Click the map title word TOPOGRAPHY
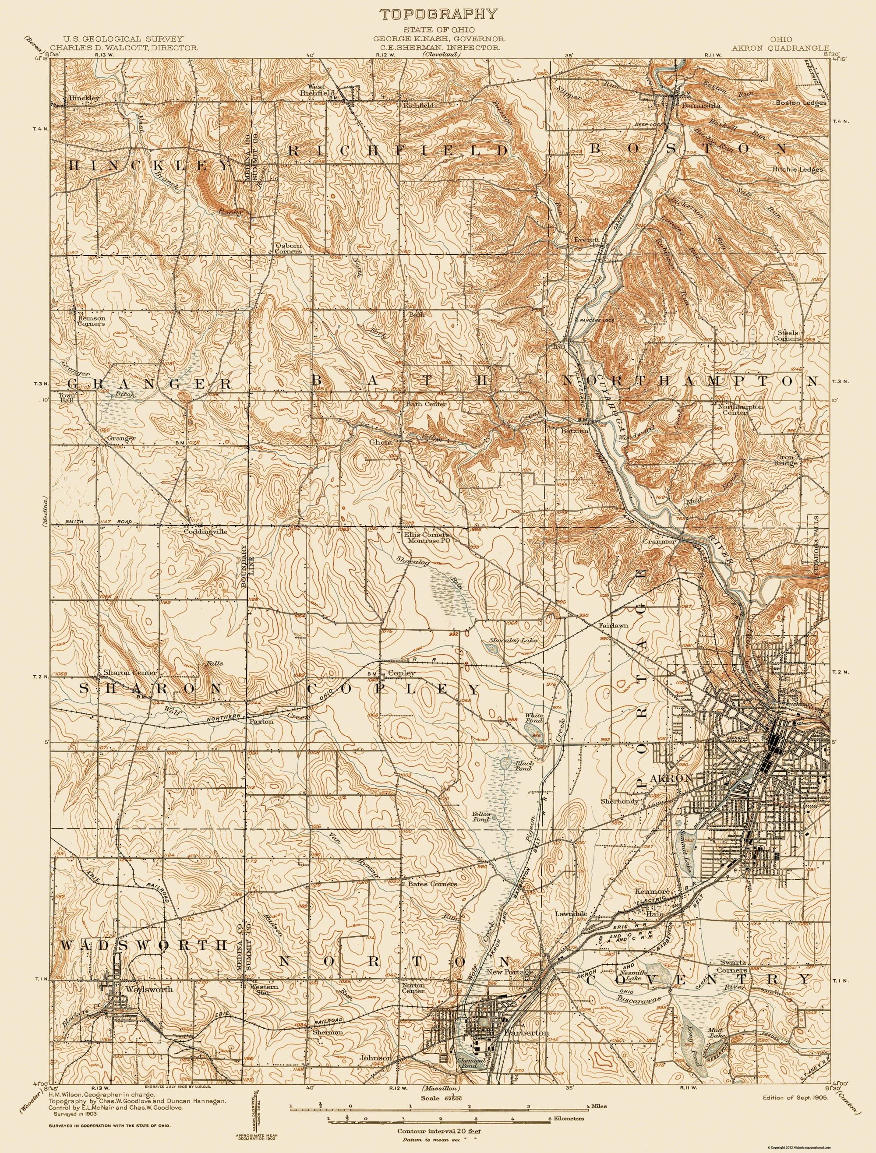click(438, 14)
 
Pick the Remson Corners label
click(91, 320)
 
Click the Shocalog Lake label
click(512, 640)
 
